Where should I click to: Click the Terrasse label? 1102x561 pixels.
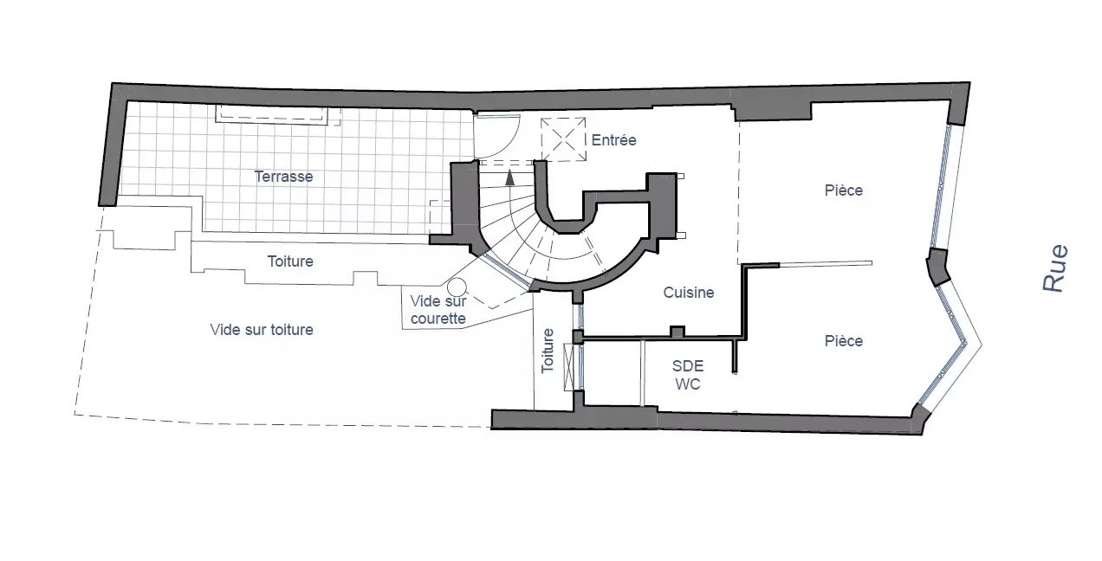[x=283, y=177]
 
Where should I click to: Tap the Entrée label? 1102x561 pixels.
[x=613, y=140]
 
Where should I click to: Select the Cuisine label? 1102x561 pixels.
[x=688, y=293]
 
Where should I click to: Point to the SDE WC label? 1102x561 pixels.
[x=688, y=375]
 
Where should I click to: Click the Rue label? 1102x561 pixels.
[x=1056, y=268]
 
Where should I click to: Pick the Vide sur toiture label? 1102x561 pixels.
[x=262, y=330]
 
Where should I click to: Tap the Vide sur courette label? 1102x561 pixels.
[x=438, y=309]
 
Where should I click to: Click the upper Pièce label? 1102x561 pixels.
[x=844, y=190]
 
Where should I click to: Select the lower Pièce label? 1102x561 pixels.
[x=844, y=341]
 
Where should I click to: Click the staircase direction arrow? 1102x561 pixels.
[x=510, y=177]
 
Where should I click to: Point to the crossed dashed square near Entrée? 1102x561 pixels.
[x=563, y=139]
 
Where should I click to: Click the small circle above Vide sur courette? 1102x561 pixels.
[x=457, y=287]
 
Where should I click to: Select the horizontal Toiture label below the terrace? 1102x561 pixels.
[x=290, y=261]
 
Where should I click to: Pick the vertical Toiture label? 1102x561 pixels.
[x=548, y=351]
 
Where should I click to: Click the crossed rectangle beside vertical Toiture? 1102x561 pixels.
[x=569, y=368]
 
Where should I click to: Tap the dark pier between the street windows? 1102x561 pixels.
[x=937, y=267]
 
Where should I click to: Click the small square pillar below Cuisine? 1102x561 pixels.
[x=677, y=332]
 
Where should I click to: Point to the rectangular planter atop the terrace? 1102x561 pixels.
[x=273, y=114]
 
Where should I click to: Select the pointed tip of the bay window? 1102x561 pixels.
[x=982, y=344]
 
